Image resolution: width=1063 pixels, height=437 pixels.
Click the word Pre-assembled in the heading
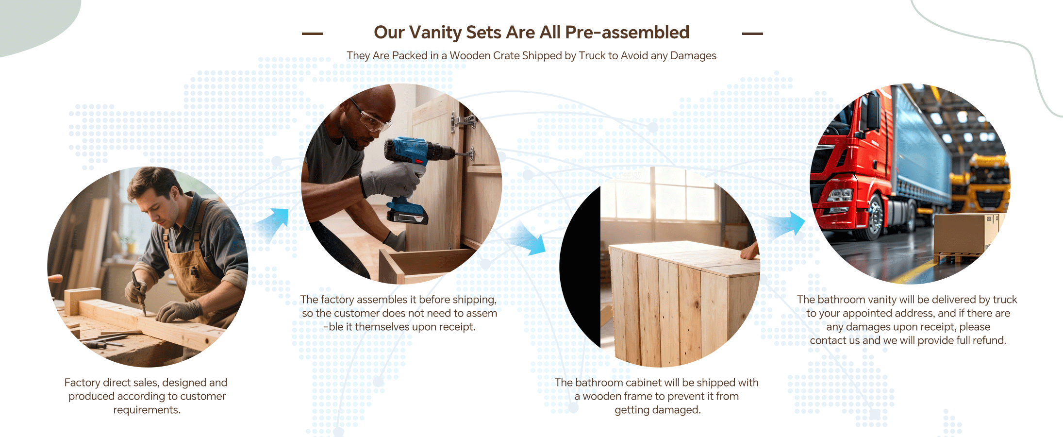(627, 33)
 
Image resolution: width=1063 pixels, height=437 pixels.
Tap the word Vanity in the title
(435, 33)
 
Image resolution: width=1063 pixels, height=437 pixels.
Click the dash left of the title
(312, 34)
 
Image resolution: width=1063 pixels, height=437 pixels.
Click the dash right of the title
(752, 34)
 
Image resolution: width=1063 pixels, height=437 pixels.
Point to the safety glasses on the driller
(371, 117)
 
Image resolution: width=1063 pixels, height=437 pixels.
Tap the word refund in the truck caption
(990, 340)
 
